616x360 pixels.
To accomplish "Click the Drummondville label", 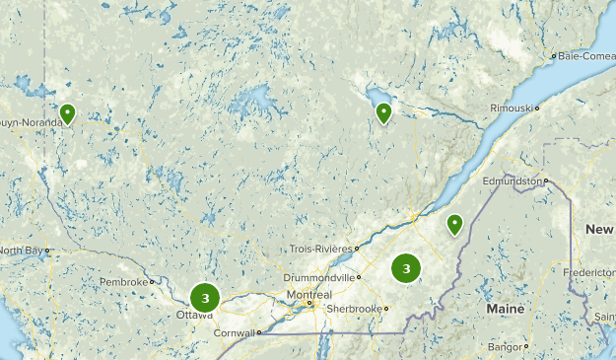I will click(316, 277).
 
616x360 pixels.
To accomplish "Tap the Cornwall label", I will click(238, 332).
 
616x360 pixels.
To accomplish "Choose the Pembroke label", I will click(126, 282).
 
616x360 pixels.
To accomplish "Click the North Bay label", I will click(21, 251).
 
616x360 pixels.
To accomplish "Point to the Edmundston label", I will click(512, 181).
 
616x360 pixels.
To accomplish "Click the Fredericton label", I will click(591, 271).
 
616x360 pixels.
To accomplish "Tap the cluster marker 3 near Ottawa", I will click(205, 297).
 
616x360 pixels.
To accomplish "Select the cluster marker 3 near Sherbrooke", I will click(406, 268).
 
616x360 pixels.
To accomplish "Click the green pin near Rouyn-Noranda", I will click(67, 113).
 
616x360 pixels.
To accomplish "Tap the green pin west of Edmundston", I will click(454, 224).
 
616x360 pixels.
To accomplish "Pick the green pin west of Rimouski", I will click(383, 112).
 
